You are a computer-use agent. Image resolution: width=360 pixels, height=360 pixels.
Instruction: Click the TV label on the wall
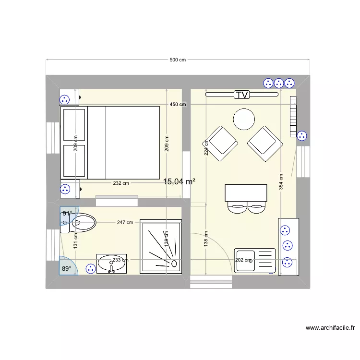[x=242, y=95]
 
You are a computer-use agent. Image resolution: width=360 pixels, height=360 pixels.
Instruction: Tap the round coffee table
[x=244, y=119]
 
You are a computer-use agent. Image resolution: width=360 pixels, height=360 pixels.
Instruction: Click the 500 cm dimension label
[x=178, y=60]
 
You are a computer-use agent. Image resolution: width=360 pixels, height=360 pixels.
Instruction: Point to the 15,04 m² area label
[x=179, y=181]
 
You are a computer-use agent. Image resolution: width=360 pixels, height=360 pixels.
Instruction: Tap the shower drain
[x=174, y=263]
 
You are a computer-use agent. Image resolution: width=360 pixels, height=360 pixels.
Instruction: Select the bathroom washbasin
[x=112, y=264]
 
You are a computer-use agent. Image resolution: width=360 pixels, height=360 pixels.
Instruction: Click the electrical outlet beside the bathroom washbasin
[x=90, y=269]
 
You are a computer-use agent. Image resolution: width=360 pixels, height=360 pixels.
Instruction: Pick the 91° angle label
[x=67, y=213]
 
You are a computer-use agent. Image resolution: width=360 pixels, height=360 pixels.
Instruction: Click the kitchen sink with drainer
[x=254, y=261]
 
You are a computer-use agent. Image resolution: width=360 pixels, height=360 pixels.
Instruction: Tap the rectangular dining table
[x=246, y=193]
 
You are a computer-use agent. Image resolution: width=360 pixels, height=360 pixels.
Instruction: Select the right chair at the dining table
[x=257, y=208]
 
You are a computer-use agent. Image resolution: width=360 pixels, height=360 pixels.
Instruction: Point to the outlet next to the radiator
[x=301, y=136]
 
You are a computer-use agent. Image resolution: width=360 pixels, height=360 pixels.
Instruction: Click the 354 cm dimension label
[x=281, y=182]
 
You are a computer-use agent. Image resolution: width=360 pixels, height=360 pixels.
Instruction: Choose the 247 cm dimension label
[x=125, y=222]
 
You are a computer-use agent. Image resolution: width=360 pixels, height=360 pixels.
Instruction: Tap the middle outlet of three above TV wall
[x=278, y=83]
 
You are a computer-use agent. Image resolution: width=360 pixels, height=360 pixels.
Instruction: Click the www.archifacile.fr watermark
[x=330, y=328]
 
